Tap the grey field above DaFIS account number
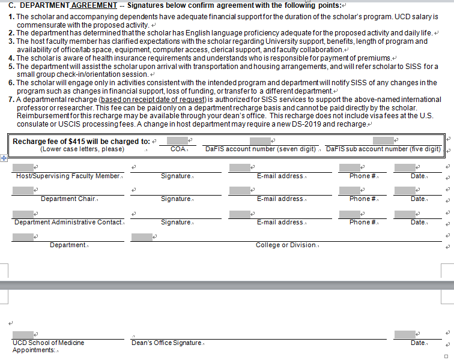click(x=259, y=140)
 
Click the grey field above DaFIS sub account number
click(x=383, y=140)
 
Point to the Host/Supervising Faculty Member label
click(x=68, y=176)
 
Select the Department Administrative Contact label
click(x=68, y=222)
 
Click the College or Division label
click(x=286, y=245)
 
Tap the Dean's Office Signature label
click(x=166, y=343)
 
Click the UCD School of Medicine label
click(x=48, y=343)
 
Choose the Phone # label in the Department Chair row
click(x=363, y=199)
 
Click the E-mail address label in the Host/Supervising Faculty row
click(x=280, y=176)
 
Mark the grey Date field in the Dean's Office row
click(x=405, y=334)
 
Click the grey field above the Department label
click(x=23, y=236)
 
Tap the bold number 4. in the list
click(x=11, y=58)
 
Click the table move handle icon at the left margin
click(x=3, y=158)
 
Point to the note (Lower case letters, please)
click(x=82, y=149)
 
